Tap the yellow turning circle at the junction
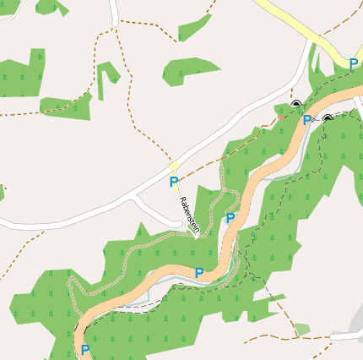pyautogui.click(x=174, y=166)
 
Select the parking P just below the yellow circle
pyautogui.click(x=174, y=182)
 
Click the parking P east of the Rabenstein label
pyautogui.click(x=230, y=218)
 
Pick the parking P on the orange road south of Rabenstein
pyautogui.click(x=199, y=272)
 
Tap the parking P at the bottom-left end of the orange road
pyautogui.click(x=85, y=348)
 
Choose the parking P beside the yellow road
pyautogui.click(x=354, y=63)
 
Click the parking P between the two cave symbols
pyautogui.click(x=307, y=120)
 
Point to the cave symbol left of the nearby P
pyautogui.click(x=295, y=104)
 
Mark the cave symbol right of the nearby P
pyautogui.click(x=327, y=119)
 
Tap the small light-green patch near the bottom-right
pyautogui.click(x=302, y=329)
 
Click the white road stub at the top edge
pyautogui.click(x=114, y=10)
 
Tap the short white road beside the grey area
pyautogui.click(x=344, y=336)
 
